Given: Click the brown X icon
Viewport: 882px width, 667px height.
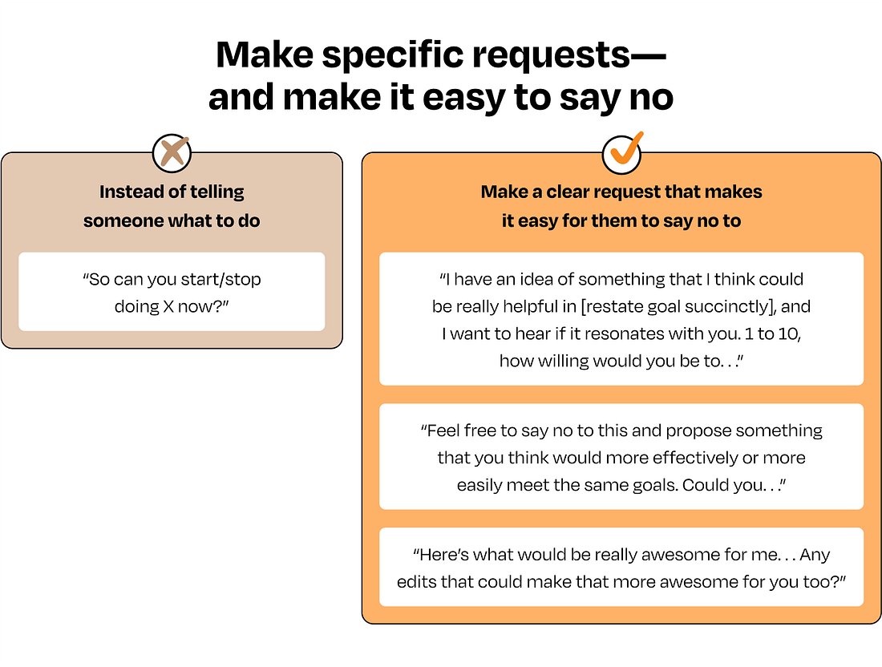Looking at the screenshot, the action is point(172,152).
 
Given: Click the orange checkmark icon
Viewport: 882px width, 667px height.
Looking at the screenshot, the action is point(622,150).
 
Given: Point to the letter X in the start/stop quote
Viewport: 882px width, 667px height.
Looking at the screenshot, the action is point(169,306).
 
